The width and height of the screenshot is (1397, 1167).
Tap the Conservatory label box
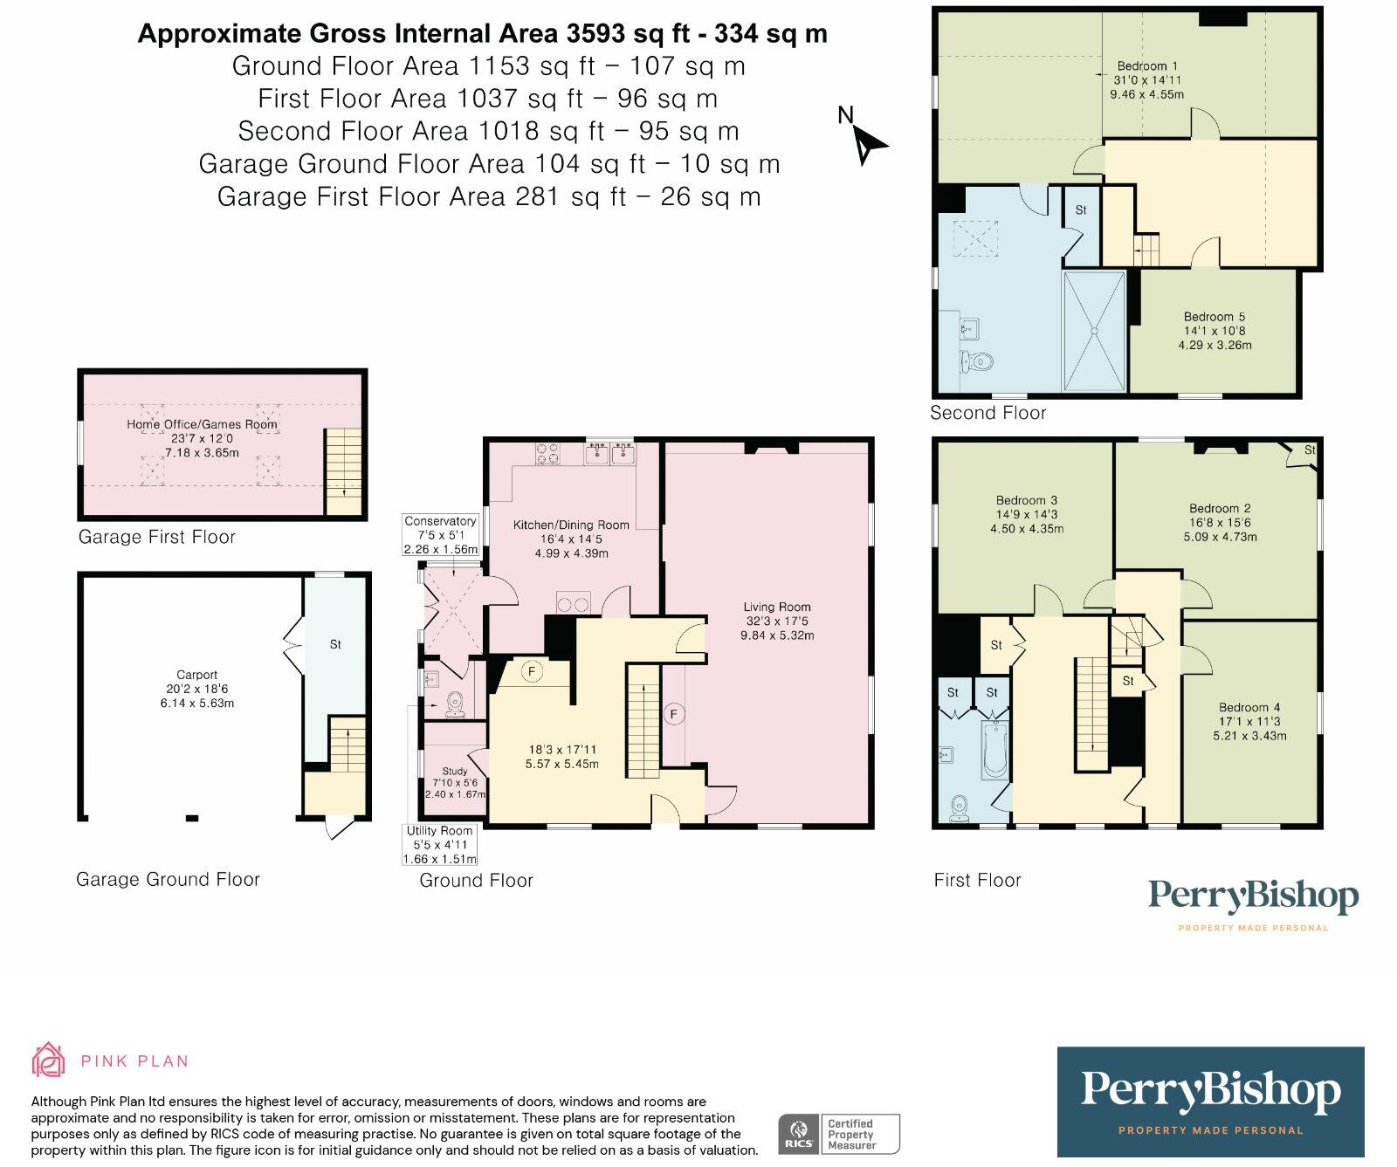pos(441,535)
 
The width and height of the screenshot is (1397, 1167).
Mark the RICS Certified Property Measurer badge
pos(838,1134)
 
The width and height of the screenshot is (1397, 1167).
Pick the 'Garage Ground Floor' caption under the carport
pos(168,879)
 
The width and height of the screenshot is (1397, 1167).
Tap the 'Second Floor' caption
pos(988,413)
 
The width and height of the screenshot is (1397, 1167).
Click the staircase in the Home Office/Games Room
pos(343,470)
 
